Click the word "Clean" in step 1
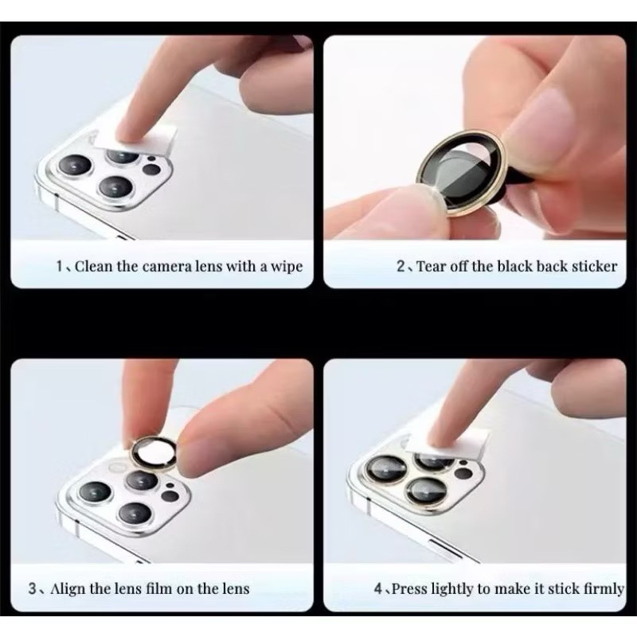point(94,267)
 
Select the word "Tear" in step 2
point(432,267)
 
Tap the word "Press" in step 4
point(409,588)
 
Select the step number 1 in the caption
point(59,267)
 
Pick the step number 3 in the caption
point(33,588)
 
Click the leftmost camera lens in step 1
point(75,166)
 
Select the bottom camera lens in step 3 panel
point(135,513)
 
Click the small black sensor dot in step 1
point(151,170)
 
